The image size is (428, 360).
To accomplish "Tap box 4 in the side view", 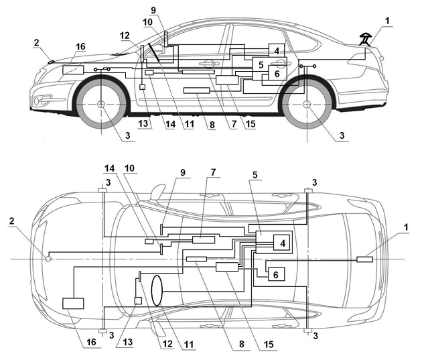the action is coord(277,50).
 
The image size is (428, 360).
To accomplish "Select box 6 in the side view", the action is coord(277,73).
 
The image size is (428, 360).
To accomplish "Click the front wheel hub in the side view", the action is coord(101,104).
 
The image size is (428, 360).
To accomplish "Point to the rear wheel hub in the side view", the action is coord(307,104).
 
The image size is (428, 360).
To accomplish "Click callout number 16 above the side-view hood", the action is coord(80,47).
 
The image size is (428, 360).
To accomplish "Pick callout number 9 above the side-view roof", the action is coord(153,10).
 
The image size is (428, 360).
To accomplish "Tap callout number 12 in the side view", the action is coord(125,36).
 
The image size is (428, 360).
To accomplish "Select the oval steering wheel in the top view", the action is coord(157,290).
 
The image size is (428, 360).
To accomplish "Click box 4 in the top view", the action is coord(283,243).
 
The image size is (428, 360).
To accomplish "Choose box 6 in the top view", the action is coord(276,274).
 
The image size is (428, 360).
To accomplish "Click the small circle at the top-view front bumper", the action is coord(48,258).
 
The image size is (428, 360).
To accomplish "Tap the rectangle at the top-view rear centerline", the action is coord(364,259).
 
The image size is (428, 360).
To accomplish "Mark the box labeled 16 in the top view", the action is coord(73,304).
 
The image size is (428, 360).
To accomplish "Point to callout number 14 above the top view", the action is coord(109,168).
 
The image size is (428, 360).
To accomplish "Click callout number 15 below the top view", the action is coord(269,344).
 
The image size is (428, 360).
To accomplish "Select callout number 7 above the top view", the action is coord(213,172).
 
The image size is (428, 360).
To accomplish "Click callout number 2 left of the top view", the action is coord(12,221).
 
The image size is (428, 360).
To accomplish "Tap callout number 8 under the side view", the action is coord(212,125).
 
